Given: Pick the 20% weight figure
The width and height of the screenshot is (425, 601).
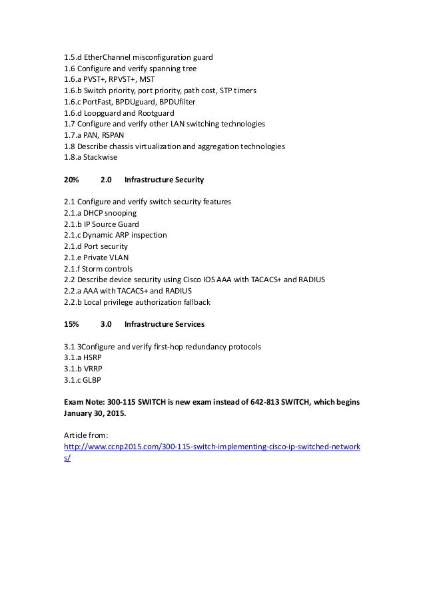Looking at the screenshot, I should [71, 180].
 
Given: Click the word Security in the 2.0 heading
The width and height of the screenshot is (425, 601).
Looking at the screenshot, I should [187, 180].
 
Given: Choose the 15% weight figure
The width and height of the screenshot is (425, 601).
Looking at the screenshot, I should [71, 325].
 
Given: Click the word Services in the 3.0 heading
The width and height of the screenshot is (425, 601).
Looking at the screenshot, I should [187, 325].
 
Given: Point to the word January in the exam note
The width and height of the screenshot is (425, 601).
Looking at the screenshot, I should [81, 414].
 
